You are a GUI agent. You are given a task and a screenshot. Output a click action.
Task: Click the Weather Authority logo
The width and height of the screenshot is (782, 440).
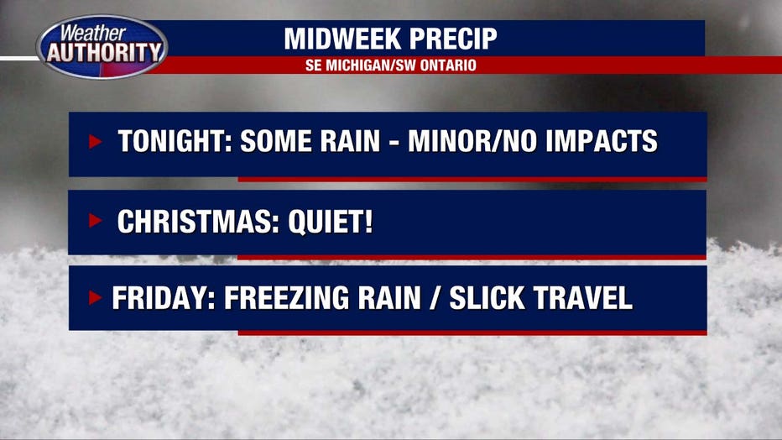pos(102,47)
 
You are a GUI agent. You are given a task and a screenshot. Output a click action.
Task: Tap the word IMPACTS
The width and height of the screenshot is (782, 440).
pos(602,141)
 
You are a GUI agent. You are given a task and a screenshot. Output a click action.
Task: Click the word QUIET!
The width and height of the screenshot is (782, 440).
pos(330,221)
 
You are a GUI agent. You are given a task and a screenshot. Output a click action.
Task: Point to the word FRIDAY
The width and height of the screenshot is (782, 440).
pos(163,298)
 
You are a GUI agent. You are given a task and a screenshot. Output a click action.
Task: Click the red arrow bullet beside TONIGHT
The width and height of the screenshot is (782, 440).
pos(96,142)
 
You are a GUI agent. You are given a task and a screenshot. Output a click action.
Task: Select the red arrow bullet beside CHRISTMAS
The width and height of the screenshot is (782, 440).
pos(96,220)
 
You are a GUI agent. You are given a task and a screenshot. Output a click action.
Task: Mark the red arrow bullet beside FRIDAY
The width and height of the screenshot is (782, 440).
pos(96,297)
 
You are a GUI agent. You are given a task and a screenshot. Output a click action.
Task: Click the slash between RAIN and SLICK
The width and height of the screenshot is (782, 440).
pos(435,298)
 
